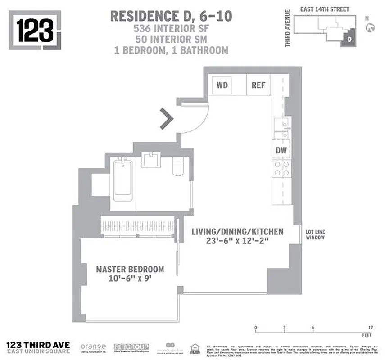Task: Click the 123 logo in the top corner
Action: tap(35, 30)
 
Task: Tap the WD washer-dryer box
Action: tap(222, 85)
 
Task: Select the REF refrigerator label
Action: tap(258, 85)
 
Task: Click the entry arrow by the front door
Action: tap(167, 119)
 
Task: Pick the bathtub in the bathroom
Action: tap(122, 180)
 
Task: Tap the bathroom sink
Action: tap(151, 159)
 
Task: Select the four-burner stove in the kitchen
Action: tap(281, 168)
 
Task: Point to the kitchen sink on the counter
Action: tap(281, 129)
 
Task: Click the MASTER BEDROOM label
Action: tap(130, 269)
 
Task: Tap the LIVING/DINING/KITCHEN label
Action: tap(237, 232)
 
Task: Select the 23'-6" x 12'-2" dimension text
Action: tap(237, 242)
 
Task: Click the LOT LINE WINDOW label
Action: tap(315, 234)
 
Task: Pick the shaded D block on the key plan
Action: tap(349, 40)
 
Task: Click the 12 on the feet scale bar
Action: tap(370, 327)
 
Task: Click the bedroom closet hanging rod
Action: tap(137, 223)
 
